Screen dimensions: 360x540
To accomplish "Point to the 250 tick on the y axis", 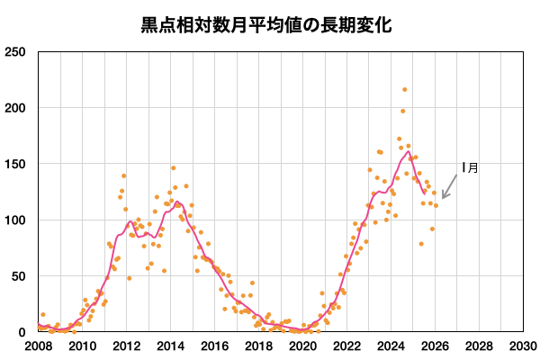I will pyautogui.click(x=16, y=52).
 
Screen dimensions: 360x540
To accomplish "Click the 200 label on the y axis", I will pyautogui.click(x=16, y=108).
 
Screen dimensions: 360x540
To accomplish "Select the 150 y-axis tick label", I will pyautogui.click(x=16, y=164).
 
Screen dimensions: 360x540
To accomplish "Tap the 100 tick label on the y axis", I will pyautogui.click(x=16, y=220).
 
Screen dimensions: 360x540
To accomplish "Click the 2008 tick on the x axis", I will pyautogui.click(x=38, y=346).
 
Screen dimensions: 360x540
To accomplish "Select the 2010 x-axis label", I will pyautogui.click(x=82, y=346).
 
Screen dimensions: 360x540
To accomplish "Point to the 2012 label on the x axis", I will pyautogui.click(x=126, y=346).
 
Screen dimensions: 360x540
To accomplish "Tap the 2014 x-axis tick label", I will pyautogui.click(x=170, y=346).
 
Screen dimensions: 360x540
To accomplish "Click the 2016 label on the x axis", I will pyautogui.click(x=214, y=346).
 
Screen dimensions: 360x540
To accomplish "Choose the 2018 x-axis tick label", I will pyautogui.click(x=258, y=346).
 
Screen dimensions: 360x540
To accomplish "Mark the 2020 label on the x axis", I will pyautogui.click(x=302, y=346).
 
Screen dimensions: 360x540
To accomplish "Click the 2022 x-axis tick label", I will pyautogui.click(x=346, y=346).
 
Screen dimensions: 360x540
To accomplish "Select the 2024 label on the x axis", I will pyautogui.click(x=391, y=346).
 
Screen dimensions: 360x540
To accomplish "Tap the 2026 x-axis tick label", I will pyautogui.click(x=435, y=346).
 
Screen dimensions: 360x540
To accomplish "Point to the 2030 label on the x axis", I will pyautogui.click(x=522, y=346).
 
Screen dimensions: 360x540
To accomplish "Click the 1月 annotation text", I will pyautogui.click(x=470, y=166).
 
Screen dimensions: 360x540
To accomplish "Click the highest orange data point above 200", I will pyautogui.click(x=405, y=90).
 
